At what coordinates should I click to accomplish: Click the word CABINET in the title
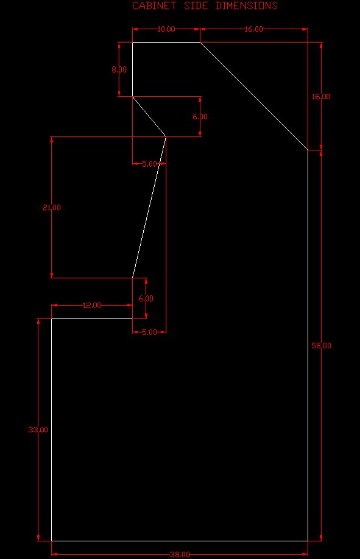pos(155,5)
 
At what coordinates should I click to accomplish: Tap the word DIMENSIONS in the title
pos(247,5)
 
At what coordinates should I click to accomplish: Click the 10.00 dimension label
pos(166,29)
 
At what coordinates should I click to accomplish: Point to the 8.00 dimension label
pos(119,69)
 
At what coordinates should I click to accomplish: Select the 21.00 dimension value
pos(52,208)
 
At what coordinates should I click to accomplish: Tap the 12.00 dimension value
pos(92,306)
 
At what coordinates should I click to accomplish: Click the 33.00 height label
pos(38,430)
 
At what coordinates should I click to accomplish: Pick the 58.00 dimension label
pos(322,346)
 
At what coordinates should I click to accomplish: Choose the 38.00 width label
pos(180,554)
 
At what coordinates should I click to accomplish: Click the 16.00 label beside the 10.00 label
pos(253,29)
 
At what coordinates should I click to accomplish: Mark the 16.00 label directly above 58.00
pos(321,97)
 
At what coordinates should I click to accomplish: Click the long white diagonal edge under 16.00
pos(254,96)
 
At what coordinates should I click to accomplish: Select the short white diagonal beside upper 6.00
pos(149,116)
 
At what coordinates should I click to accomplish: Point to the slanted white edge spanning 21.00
pos(149,207)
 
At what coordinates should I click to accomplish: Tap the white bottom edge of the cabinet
pos(180,541)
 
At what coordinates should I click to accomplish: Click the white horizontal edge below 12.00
pos(92,318)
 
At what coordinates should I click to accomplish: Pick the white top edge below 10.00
pos(166,43)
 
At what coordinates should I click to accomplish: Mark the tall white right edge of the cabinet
pos(308,345)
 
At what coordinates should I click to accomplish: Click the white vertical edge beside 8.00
pos(133,69)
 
